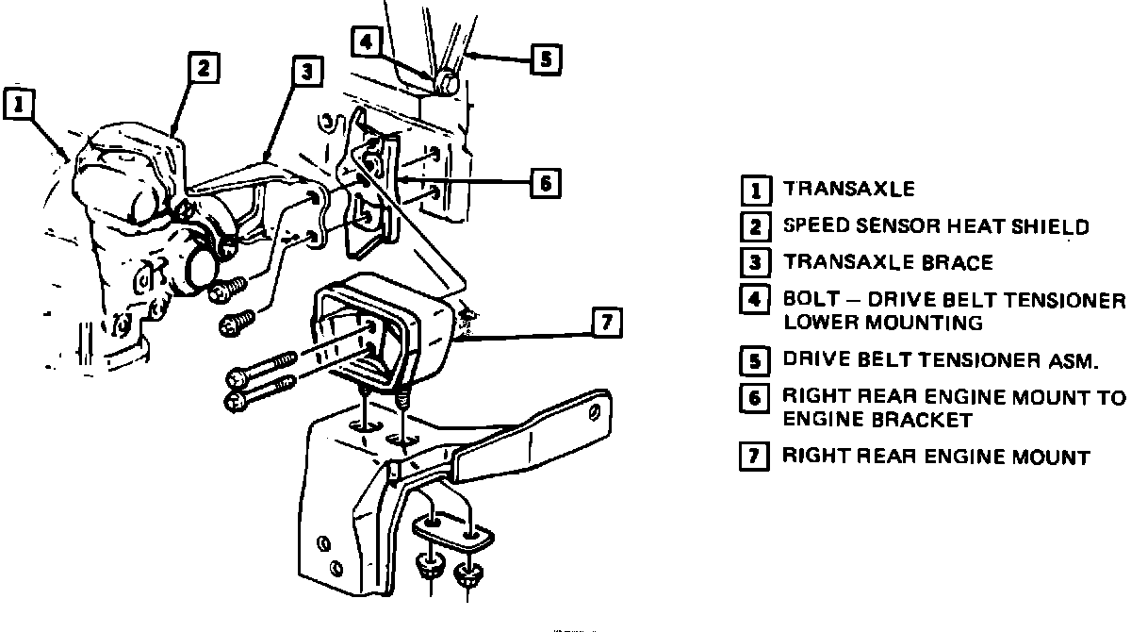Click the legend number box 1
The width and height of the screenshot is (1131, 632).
tap(754, 190)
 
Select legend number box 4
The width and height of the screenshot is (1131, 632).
tap(754, 301)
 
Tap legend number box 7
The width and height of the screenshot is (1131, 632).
tap(754, 458)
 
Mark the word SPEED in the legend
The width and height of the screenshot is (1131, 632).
tap(816, 226)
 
